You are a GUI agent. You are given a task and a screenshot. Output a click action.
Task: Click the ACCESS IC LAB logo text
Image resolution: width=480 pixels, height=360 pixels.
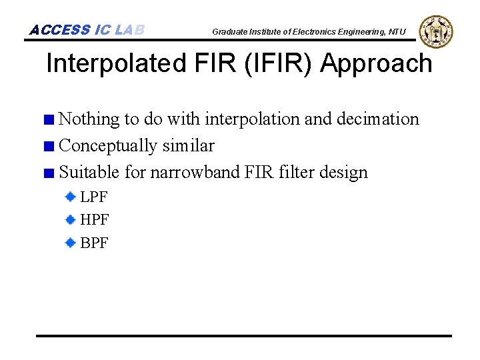87,30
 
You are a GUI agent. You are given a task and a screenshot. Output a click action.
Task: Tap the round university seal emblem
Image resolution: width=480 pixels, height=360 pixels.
437,31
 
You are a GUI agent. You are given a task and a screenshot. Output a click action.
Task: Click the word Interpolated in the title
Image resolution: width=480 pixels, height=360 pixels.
113,64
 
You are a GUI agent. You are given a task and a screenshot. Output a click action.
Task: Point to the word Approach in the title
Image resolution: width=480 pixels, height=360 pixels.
376,64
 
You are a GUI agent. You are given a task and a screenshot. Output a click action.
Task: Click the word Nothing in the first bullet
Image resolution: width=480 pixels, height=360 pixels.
89,119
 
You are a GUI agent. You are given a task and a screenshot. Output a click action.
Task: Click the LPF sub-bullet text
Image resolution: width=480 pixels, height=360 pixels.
94,197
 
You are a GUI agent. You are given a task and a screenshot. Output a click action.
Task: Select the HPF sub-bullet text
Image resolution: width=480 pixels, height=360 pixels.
95,220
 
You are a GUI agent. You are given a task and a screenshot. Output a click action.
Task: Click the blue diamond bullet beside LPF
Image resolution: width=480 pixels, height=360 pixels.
70,197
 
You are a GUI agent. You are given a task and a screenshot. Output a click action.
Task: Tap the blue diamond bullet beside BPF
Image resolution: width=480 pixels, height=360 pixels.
70,243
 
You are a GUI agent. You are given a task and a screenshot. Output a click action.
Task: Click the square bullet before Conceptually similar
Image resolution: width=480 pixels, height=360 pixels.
49,147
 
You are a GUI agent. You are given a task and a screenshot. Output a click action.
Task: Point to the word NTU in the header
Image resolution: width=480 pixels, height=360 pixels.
397,31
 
